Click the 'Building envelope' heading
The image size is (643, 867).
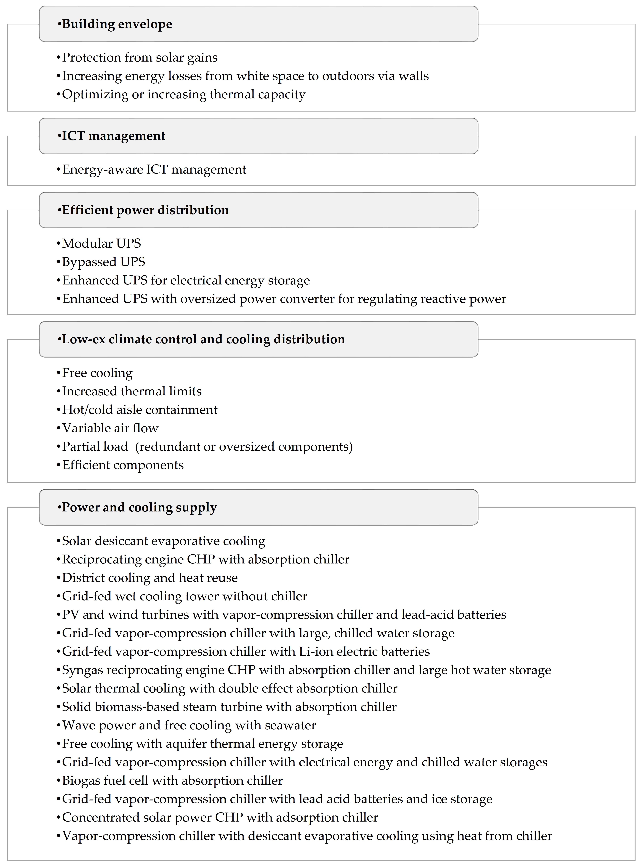click(x=117, y=24)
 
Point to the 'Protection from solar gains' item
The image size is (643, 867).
click(x=139, y=58)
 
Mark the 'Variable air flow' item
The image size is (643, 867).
click(x=110, y=428)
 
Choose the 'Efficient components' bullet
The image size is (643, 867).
click(x=123, y=465)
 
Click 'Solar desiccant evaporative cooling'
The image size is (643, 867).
click(x=163, y=541)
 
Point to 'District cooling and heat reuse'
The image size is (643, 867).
click(x=150, y=578)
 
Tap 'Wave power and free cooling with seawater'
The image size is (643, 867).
click(x=189, y=725)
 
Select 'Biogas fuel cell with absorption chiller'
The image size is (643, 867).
click(x=172, y=781)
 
